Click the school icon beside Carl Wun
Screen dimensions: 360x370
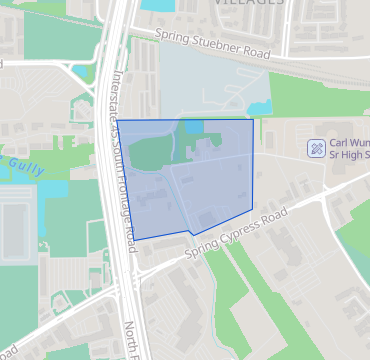click(316, 147)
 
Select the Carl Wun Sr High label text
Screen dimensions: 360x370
click(346, 148)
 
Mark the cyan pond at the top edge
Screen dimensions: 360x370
click(157, 4)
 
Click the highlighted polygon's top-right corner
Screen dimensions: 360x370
click(252, 121)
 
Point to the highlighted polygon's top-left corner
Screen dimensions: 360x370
click(118, 121)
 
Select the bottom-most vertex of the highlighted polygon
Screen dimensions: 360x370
click(192, 235)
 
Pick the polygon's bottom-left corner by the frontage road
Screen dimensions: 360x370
click(134, 239)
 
